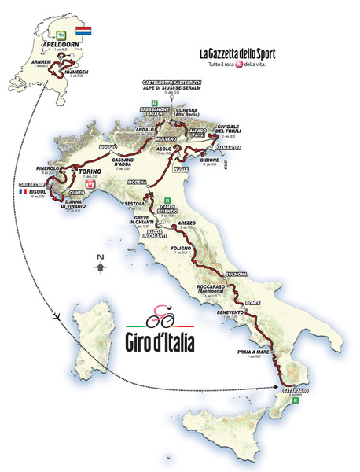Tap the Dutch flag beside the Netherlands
pos(83,34)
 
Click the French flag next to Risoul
pos(24,191)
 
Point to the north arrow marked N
pos(100,265)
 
